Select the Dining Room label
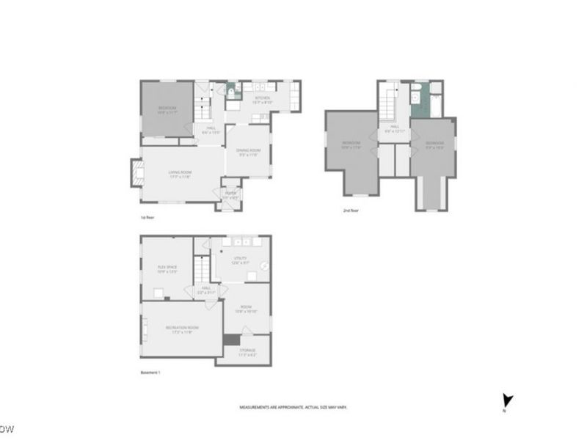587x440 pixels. (x=249, y=152)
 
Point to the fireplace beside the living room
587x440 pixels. (x=136, y=174)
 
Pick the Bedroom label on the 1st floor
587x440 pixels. (x=168, y=110)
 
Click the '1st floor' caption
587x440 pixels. (x=147, y=218)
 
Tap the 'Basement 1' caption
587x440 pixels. (x=150, y=373)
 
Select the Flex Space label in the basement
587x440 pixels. (x=168, y=268)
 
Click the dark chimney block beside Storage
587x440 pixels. (x=231, y=340)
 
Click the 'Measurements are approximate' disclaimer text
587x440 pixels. (x=283, y=408)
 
